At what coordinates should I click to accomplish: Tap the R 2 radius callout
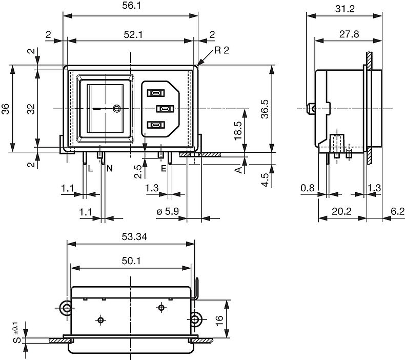click(223, 50)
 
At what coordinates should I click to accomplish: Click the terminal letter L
click(90, 168)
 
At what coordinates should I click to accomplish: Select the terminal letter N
click(110, 168)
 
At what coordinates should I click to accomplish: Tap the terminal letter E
click(164, 168)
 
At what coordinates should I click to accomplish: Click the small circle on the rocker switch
click(117, 109)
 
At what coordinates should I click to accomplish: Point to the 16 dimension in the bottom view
click(219, 318)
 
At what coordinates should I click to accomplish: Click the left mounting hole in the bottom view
click(66, 308)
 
